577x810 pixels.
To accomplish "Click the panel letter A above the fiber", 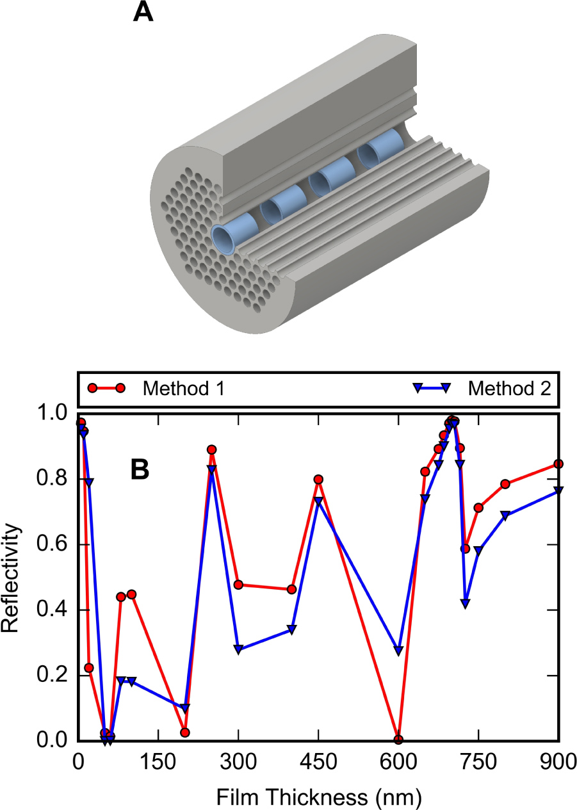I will pyautogui.click(x=143, y=12).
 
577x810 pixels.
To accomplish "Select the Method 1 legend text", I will pyautogui.click(x=183, y=388).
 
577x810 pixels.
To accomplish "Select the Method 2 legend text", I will pyautogui.click(x=509, y=388).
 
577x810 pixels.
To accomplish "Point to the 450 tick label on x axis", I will pyautogui.click(x=318, y=762).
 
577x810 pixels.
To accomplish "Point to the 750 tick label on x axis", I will pyautogui.click(x=478, y=762).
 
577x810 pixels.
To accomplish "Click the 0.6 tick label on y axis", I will pyautogui.click(x=54, y=545).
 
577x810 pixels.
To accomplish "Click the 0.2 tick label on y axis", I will pyautogui.click(x=54, y=676).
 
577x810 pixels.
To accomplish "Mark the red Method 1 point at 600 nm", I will pyautogui.click(x=398, y=740).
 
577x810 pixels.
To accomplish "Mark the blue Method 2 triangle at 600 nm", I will pyautogui.click(x=398, y=651).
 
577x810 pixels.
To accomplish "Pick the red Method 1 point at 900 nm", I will pyautogui.click(x=558, y=464).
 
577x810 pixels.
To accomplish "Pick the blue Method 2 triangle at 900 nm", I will pyautogui.click(x=558, y=490).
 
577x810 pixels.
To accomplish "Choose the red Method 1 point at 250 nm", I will pyautogui.click(x=212, y=450).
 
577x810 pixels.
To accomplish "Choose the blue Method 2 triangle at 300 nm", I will pyautogui.click(x=238, y=649).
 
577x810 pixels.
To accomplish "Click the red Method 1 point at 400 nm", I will pyautogui.click(x=291, y=589).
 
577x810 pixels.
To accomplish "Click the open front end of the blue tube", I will pyautogui.click(x=224, y=239).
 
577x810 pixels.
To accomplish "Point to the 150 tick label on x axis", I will pyautogui.click(x=158, y=762).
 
